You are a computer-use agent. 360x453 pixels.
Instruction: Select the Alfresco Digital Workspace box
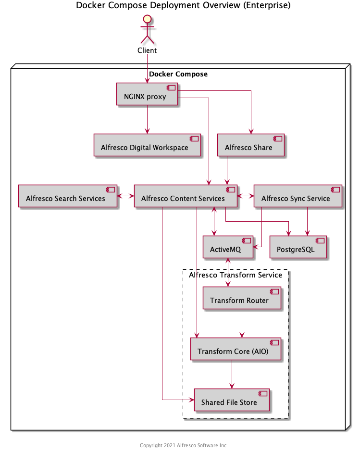[x=147, y=145]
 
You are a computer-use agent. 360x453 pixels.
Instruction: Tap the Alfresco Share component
[x=250, y=145]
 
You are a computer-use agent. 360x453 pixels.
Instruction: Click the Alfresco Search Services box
[x=67, y=196]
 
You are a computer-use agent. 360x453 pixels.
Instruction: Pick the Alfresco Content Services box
[x=186, y=196]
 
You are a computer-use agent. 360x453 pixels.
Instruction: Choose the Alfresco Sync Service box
[x=297, y=196]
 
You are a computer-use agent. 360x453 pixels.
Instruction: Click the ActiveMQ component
[x=228, y=247]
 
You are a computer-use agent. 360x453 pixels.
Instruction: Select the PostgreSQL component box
[x=298, y=247]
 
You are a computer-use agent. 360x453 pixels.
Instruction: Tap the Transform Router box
[x=241, y=298]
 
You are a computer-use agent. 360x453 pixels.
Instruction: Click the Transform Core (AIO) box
[x=236, y=349]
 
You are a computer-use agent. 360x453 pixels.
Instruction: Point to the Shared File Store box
[x=231, y=400]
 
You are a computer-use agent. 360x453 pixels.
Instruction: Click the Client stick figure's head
[x=147, y=19]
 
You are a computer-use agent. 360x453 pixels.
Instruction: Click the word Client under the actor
[x=147, y=50]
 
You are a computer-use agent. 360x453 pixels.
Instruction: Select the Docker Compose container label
[x=178, y=74]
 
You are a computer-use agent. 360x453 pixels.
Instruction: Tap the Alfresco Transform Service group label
[x=236, y=275]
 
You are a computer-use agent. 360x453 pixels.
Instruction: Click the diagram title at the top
[x=183, y=6]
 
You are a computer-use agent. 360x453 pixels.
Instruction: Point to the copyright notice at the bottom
[x=183, y=445]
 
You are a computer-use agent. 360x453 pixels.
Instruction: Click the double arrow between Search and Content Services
[x=125, y=196]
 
